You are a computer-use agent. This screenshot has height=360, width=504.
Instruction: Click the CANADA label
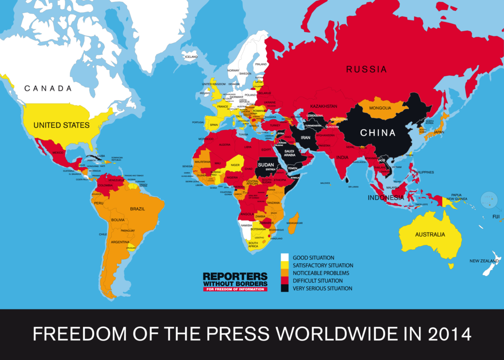48,88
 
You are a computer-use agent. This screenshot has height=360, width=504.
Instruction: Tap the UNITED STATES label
61,125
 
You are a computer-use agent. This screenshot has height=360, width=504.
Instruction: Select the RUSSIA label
367,69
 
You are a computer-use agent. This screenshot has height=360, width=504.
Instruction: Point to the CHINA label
378,133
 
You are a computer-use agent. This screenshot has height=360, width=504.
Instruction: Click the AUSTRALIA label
430,235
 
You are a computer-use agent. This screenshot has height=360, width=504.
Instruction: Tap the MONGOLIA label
380,108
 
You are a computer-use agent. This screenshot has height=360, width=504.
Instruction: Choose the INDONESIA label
386,198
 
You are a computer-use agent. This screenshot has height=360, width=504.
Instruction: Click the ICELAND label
191,57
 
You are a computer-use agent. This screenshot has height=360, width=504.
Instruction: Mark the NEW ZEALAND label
484,261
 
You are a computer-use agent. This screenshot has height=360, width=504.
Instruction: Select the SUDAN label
267,165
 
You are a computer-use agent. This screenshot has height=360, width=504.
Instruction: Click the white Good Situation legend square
285,257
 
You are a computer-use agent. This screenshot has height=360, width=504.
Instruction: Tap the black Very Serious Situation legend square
285,288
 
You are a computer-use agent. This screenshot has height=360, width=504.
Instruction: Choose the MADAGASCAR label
295,223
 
